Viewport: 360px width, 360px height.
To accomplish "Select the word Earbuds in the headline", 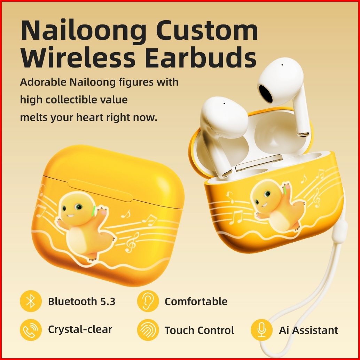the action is pos(201,57).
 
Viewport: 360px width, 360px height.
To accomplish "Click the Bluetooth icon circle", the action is pos(31,301).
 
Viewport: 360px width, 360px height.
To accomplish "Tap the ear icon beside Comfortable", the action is pos(148,301).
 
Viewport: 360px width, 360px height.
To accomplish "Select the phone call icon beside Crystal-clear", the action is pos(31,330).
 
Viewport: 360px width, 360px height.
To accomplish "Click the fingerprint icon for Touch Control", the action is pos(148,330).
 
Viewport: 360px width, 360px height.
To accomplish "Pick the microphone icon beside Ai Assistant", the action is pos(261,330).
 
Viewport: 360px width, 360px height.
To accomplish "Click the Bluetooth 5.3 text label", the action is pos(81,301).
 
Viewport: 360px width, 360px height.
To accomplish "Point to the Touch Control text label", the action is pos(199,330).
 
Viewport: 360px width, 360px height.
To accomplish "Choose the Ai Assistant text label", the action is pos(308,330).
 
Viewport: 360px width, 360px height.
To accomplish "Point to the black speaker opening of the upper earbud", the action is pos(266,93).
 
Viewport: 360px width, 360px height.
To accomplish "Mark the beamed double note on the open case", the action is pos(236,217).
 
